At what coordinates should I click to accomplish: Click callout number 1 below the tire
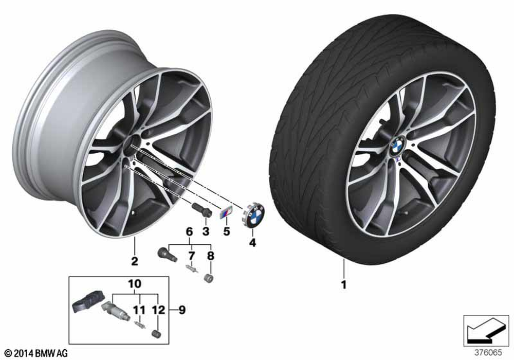pos(343,284)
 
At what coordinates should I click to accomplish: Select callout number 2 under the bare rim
pos(135,261)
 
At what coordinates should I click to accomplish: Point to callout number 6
pos(190,231)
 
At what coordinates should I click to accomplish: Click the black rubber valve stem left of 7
pos(167,255)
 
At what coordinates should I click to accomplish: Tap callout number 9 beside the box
pos(182,310)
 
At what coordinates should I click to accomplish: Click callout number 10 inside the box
pos(135,283)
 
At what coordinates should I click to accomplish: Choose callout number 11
pos(139,310)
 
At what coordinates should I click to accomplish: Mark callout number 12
pos(159,310)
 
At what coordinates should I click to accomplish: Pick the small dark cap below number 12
pos(157,334)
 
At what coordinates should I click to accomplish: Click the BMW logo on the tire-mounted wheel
pos(398,146)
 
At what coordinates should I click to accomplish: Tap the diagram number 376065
pos(488,353)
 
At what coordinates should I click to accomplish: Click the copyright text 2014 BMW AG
pos(36,353)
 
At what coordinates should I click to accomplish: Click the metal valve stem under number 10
pos(116,312)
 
